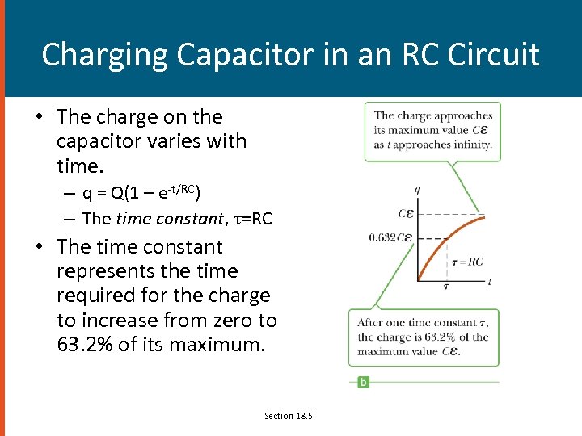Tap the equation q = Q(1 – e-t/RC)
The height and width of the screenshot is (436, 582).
(x=141, y=193)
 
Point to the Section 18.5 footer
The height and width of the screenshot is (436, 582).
(x=288, y=416)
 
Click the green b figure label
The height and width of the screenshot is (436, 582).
(x=363, y=381)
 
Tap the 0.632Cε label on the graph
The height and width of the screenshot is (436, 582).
(x=390, y=238)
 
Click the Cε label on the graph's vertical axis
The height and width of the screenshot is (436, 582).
(x=406, y=214)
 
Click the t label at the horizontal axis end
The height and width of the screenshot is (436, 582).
(x=490, y=282)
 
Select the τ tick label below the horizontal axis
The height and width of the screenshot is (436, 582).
(x=446, y=286)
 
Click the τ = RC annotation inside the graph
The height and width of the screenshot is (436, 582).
(x=466, y=262)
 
